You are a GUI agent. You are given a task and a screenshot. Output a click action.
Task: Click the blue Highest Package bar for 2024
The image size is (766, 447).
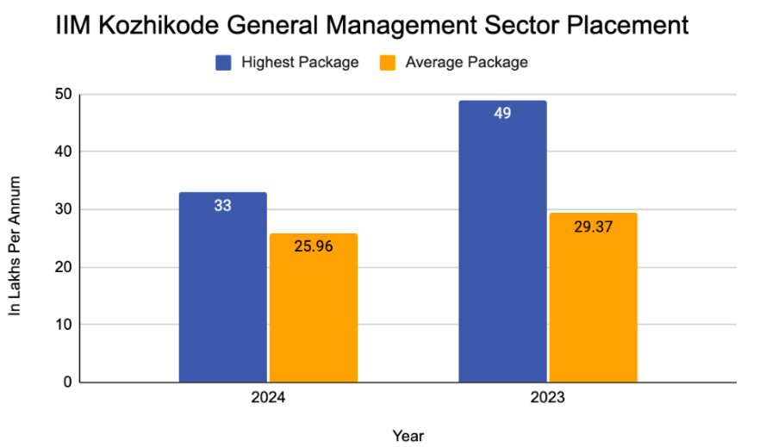(222, 293)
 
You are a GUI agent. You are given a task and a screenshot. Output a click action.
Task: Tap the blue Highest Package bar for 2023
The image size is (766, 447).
(502, 250)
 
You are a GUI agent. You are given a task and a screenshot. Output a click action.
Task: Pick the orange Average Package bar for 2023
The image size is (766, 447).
(593, 301)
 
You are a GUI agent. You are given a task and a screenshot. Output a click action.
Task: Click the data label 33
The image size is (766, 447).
(222, 206)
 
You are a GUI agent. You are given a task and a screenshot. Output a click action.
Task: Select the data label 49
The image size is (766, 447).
(502, 114)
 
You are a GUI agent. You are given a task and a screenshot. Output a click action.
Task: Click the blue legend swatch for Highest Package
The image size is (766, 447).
(223, 63)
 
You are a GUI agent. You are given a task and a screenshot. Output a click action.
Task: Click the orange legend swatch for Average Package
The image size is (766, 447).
(388, 63)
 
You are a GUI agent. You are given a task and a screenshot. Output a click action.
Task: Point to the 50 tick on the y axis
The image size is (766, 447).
(62, 94)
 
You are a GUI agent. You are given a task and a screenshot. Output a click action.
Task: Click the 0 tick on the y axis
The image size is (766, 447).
(66, 382)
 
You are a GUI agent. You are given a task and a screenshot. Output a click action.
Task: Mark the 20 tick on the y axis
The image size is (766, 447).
(62, 267)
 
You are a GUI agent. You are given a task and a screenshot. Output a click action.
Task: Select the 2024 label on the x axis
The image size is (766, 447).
(268, 399)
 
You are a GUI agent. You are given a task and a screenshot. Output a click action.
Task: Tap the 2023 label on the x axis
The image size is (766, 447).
(547, 399)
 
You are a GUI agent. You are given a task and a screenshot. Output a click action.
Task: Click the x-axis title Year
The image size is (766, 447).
(407, 435)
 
